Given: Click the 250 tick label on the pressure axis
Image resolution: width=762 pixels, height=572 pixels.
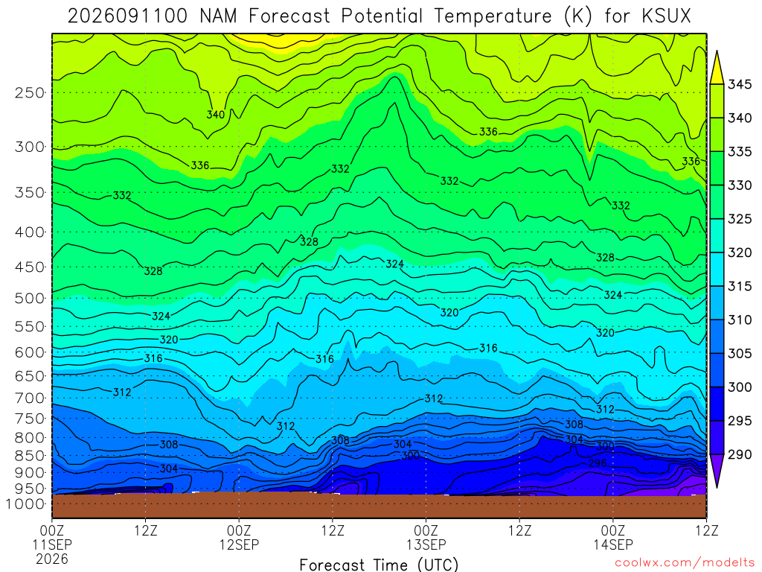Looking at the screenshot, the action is [x=30, y=92].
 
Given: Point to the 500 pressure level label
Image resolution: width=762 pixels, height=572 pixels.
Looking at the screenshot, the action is [x=30, y=298].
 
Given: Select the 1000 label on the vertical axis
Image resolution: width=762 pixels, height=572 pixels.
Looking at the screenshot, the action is [x=26, y=504].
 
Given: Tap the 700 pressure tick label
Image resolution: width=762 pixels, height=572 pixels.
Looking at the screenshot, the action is [x=30, y=398].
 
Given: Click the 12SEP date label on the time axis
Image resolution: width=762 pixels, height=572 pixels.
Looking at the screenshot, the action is [x=239, y=544].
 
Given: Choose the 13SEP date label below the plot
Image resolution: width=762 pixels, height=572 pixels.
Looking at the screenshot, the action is [x=426, y=544].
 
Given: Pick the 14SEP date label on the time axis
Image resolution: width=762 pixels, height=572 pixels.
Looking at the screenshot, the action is [x=613, y=544].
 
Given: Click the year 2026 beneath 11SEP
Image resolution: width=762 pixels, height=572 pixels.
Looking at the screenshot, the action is [x=52, y=559].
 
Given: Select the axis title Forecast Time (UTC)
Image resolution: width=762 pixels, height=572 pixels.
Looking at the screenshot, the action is [x=379, y=565].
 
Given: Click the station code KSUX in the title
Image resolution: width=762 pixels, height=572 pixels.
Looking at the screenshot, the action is [x=666, y=16].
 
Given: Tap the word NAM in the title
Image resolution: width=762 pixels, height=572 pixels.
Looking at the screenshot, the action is [x=218, y=16].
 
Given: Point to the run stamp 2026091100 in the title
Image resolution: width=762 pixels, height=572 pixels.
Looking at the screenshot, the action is [x=127, y=16].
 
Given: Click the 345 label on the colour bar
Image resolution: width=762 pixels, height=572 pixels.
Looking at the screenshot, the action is [x=740, y=85].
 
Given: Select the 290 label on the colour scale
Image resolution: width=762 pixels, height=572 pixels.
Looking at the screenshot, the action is [x=740, y=454].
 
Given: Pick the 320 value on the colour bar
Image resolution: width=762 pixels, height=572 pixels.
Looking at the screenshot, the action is [x=740, y=252].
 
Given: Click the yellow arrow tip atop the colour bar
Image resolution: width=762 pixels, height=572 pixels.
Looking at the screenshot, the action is [x=717, y=51].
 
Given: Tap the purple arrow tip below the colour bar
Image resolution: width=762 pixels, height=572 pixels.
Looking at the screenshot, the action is [x=717, y=487].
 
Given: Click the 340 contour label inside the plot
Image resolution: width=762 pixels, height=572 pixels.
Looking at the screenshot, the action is [x=216, y=115].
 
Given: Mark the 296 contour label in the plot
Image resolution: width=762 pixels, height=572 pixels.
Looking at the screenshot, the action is [x=598, y=463].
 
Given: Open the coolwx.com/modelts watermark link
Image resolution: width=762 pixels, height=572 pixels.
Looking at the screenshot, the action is [x=685, y=563].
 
